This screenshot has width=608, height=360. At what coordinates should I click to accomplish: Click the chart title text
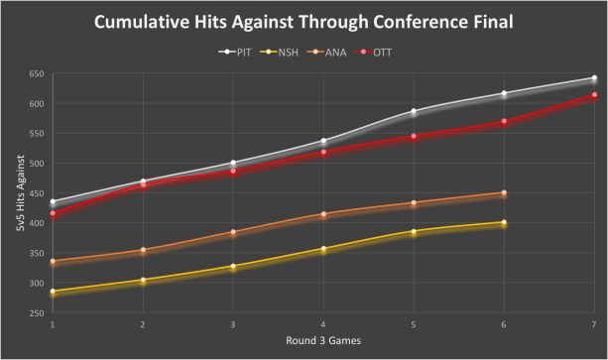pyautogui.click(x=304, y=22)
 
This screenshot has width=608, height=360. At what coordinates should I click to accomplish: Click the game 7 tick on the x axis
pyautogui.click(x=593, y=324)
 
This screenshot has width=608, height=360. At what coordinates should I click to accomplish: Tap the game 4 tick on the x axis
pyautogui.click(x=323, y=324)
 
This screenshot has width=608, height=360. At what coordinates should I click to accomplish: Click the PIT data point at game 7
pyautogui.click(x=593, y=78)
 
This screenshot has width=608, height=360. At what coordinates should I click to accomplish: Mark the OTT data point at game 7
pyautogui.click(x=593, y=95)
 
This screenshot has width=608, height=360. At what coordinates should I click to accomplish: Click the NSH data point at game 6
pyautogui.click(x=504, y=223)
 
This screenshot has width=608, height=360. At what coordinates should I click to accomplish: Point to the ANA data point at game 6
pyautogui.click(x=504, y=193)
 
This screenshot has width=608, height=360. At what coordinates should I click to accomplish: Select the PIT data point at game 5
pyautogui.click(x=414, y=111)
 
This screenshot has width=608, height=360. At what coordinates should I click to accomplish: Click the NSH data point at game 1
pyautogui.click(x=53, y=292)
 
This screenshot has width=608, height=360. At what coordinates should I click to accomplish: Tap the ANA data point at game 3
pyautogui.click(x=233, y=232)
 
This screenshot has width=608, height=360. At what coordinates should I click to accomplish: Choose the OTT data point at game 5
pyautogui.click(x=414, y=136)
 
